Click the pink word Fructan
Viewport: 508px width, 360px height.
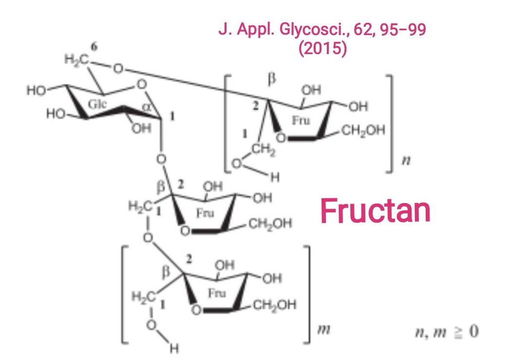coord(375,211)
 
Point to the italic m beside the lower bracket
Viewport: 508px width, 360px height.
coord(322,330)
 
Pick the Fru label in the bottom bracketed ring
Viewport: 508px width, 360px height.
coord(216,294)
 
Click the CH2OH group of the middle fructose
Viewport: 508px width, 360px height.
coord(270,224)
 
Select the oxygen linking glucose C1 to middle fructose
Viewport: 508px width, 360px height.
coord(162,159)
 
